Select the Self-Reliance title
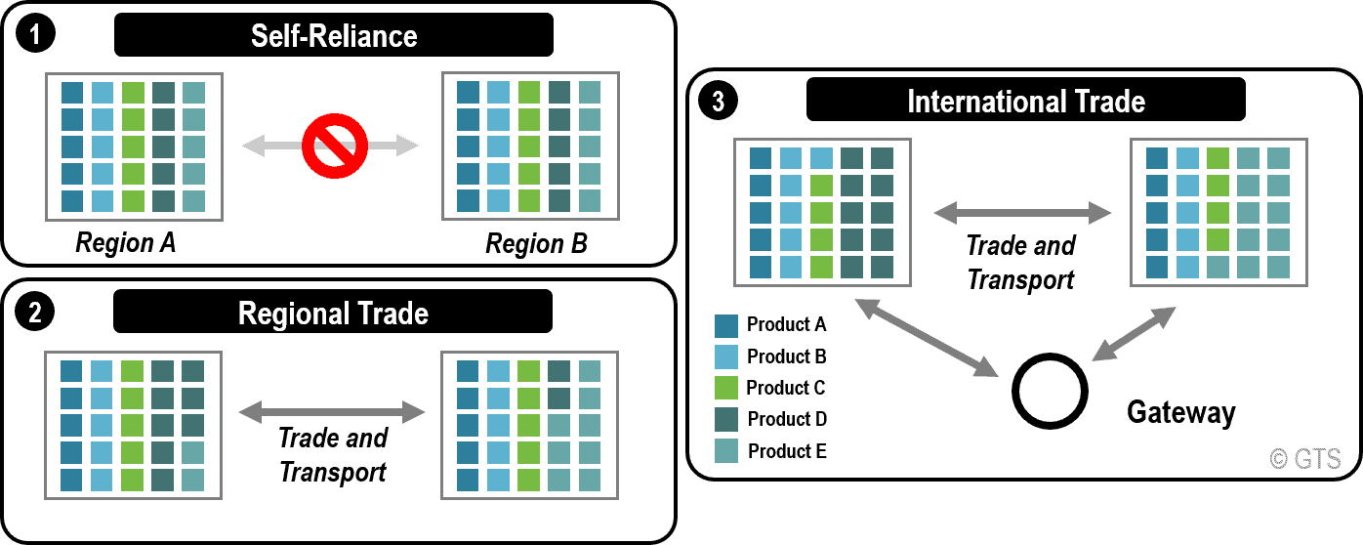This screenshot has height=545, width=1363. [334, 37]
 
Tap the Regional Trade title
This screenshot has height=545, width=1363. [333, 314]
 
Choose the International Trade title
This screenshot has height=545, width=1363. [1025, 101]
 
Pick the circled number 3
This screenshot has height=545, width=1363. [719, 101]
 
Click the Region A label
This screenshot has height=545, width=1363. [126, 242]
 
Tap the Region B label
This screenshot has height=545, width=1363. [537, 243]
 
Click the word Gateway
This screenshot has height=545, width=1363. [1181, 412]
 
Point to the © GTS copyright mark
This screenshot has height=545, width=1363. [1305, 459]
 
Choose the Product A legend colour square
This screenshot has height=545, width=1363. [726, 325]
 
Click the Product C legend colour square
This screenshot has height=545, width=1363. [726, 389]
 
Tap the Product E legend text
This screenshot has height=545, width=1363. [787, 450]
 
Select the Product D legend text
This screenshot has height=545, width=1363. [787, 419]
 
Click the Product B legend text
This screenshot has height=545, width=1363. [787, 356]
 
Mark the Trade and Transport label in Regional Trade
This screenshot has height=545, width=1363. [333, 455]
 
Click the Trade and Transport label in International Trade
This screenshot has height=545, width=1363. [1020, 262]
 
